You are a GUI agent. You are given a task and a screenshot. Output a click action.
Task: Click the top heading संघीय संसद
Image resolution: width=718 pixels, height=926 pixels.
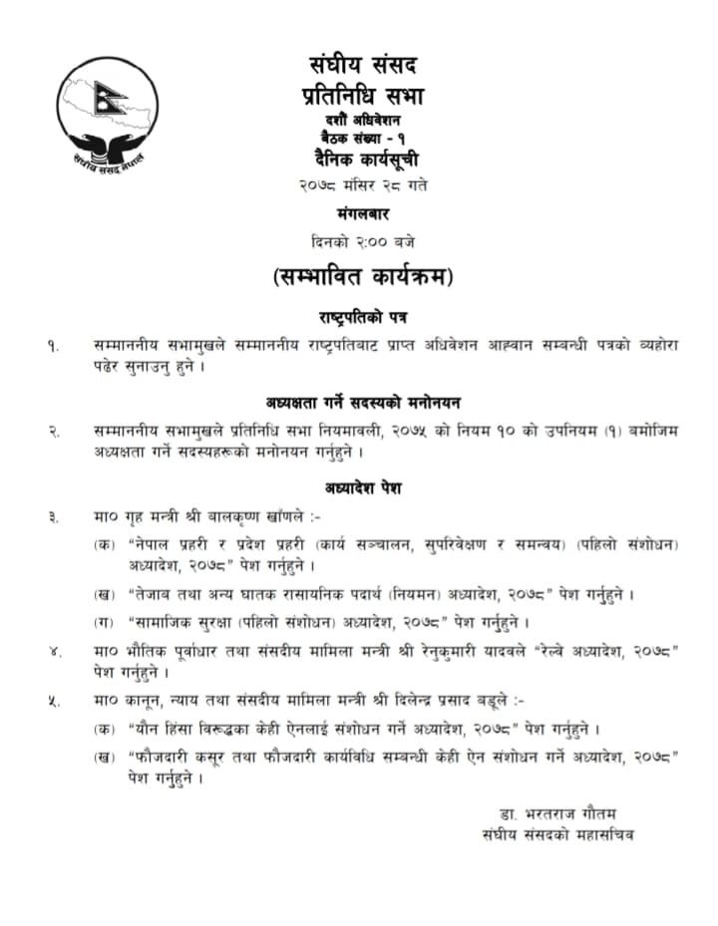(x=363, y=66)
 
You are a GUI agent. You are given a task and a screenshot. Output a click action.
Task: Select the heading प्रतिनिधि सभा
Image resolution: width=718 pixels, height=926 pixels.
(x=363, y=96)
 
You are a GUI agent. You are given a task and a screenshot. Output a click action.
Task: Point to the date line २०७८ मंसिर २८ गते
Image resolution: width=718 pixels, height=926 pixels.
(x=363, y=185)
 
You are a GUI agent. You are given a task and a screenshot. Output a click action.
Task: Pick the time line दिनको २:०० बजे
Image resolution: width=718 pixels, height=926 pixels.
(x=363, y=241)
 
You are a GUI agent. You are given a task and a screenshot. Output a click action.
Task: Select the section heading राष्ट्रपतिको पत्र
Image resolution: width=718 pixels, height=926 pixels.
(x=363, y=317)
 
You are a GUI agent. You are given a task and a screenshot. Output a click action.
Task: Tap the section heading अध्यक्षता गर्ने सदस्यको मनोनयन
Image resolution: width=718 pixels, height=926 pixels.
(x=363, y=403)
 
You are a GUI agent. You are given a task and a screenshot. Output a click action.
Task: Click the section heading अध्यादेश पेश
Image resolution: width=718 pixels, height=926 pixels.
(x=363, y=488)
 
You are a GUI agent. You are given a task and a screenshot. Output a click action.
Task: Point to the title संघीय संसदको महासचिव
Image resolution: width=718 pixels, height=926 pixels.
(x=556, y=833)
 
